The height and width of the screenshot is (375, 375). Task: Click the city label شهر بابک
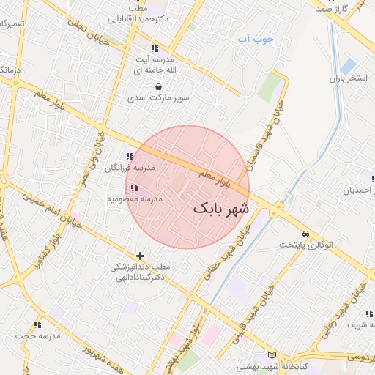pyautogui.click(x=221, y=209)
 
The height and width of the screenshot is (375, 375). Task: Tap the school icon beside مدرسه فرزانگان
pyautogui.click(x=130, y=156)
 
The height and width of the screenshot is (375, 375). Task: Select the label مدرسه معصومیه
pyautogui.click(x=135, y=198)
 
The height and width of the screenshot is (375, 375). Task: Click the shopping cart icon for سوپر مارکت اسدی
pyautogui.click(x=158, y=86)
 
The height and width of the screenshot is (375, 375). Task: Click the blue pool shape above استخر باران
pyautogui.click(x=349, y=65)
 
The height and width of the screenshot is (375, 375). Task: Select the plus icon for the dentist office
pyautogui.click(x=140, y=256)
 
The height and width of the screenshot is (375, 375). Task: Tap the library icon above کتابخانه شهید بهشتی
pyautogui.click(x=272, y=354)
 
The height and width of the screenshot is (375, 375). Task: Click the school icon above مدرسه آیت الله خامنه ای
pyautogui.click(x=155, y=48)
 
